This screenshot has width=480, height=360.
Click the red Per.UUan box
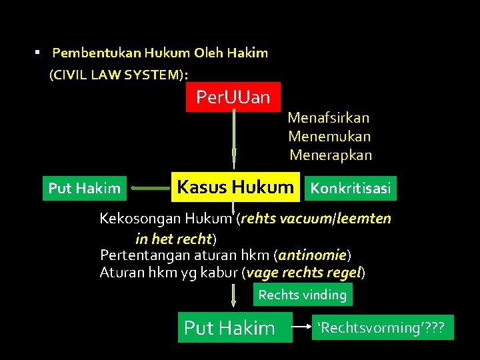point(233,97)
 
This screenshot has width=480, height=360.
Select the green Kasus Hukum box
point(235,187)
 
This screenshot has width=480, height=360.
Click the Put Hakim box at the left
point(85,189)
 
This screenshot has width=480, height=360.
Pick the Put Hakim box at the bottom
point(235,327)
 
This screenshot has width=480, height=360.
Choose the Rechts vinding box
point(302,295)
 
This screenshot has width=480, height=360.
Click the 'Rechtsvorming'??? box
point(383,327)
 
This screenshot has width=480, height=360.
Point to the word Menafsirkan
point(329,118)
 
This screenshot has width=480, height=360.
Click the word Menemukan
point(329,137)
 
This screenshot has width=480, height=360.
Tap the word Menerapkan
point(331,155)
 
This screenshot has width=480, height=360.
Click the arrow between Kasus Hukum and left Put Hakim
point(150,189)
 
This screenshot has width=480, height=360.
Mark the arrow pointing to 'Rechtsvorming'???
point(303,327)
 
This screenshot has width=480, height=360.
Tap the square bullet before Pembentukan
point(39,51)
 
